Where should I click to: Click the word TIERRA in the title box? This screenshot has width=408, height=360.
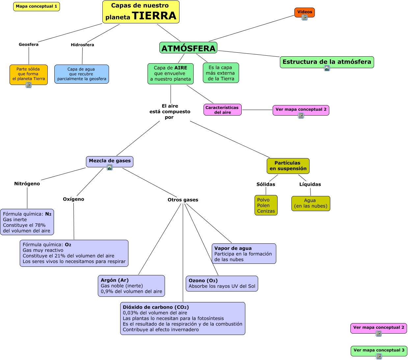click(x=154, y=16)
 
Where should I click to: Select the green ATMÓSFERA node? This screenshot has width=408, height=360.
click(x=188, y=48)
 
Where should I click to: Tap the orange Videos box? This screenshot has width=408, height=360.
click(x=305, y=12)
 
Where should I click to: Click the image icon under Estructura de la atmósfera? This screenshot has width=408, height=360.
click(x=327, y=68)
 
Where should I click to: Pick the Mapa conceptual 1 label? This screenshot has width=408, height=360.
click(x=37, y=6)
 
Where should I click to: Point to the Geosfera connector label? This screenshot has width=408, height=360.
click(x=29, y=44)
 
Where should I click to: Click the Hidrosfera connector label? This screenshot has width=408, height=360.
click(x=82, y=45)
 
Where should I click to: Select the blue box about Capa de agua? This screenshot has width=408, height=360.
click(x=82, y=74)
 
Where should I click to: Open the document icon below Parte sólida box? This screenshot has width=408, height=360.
click(x=29, y=85)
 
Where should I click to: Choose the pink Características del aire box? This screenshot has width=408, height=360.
click(x=222, y=110)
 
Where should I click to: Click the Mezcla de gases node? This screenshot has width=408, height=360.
click(x=110, y=161)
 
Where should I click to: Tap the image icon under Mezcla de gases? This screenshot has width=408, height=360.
click(x=110, y=167)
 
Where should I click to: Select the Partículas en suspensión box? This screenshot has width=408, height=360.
click(x=288, y=166)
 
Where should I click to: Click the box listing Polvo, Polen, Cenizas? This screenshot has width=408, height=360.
click(x=266, y=205)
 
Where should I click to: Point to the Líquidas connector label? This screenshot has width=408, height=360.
click(x=310, y=184)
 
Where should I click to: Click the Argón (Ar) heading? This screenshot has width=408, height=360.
click(x=115, y=280)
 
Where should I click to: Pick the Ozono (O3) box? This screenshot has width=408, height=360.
click(x=222, y=284)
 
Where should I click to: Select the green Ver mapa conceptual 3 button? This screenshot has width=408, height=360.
click(x=379, y=350)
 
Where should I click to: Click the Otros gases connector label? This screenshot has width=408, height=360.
click(x=183, y=200)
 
